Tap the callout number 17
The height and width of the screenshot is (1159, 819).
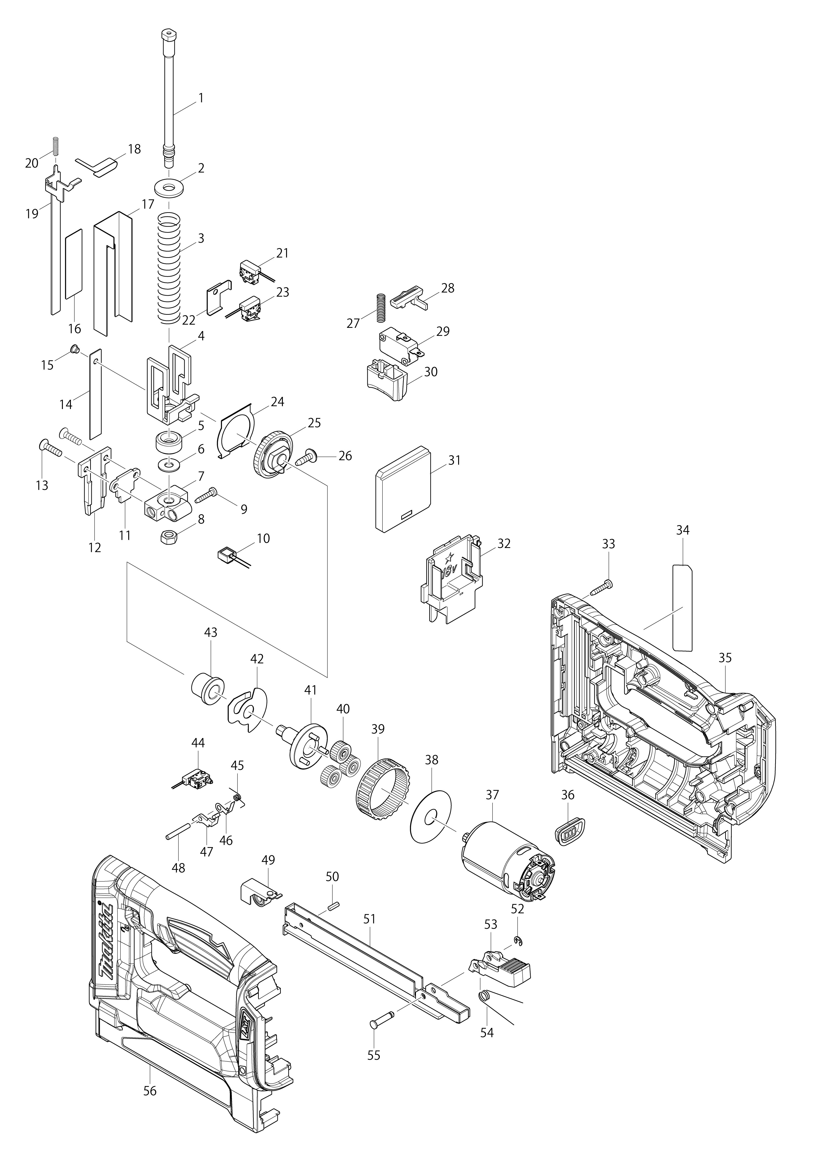coord(148,204)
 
